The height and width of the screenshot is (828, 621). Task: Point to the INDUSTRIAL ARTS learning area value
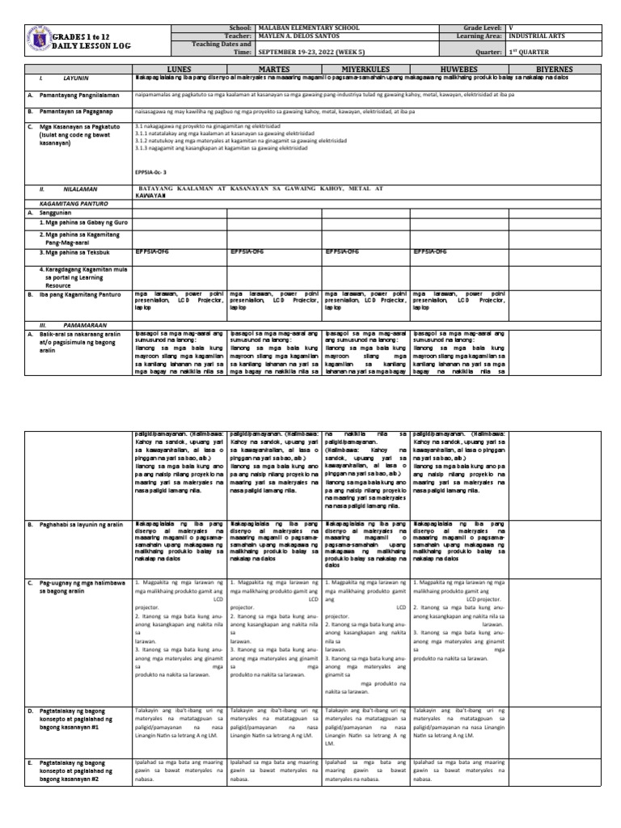pyautogui.click(x=538, y=36)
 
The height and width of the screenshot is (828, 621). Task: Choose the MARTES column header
pyautogui.click(x=274, y=70)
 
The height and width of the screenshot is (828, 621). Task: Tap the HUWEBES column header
pyautogui.click(x=457, y=70)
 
